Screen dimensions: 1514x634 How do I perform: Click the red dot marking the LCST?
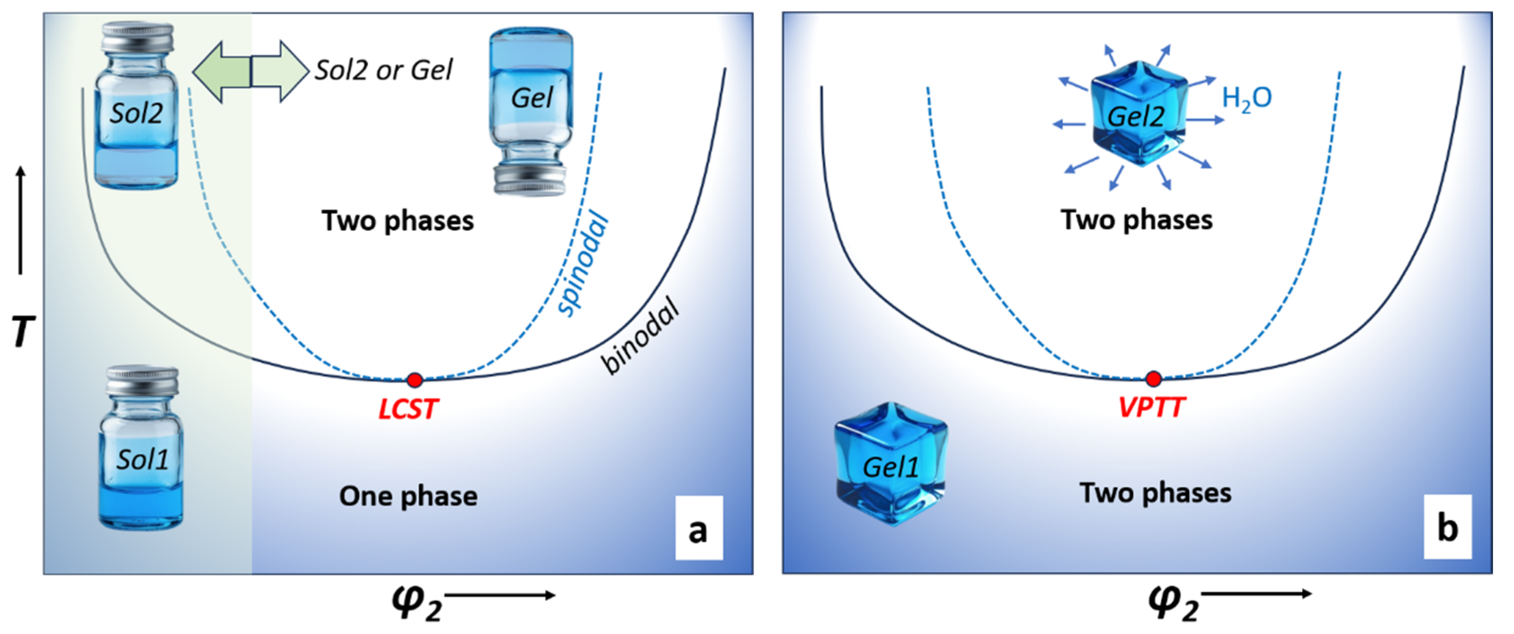415,380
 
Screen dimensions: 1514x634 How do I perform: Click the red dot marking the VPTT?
1154,379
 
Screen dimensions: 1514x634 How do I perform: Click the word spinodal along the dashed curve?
583,263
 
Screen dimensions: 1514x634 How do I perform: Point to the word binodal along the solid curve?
641,336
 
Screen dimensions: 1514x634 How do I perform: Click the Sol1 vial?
141,447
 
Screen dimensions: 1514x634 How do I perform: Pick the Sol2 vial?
136,105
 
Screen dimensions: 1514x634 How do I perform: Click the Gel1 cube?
891,464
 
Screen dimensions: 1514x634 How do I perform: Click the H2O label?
1247,99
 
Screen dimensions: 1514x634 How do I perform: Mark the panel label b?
1447,527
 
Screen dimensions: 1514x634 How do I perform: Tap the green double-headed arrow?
251,72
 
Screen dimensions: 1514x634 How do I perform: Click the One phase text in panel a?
409,497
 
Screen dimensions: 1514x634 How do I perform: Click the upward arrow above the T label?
21,220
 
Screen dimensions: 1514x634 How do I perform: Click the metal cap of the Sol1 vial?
142,381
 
